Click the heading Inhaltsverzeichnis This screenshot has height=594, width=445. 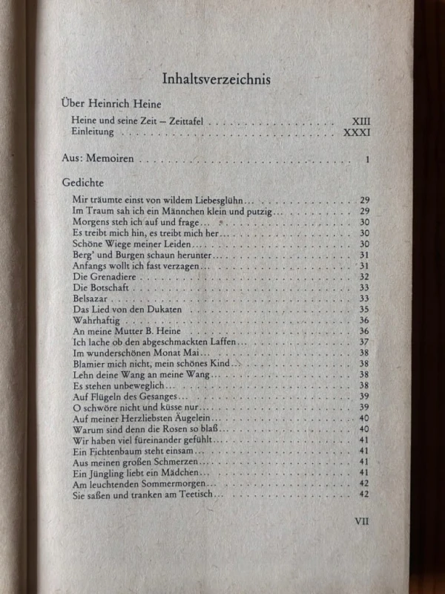click(215, 79)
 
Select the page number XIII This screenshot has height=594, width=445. click(360, 120)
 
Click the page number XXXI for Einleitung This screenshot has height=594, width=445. click(357, 132)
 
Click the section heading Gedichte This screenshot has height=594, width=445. click(82, 183)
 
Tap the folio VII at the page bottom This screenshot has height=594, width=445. click(361, 520)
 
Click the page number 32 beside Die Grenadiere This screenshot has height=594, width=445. click(364, 276)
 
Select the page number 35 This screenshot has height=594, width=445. click(364, 309)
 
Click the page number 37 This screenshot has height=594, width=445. click(364, 342)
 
